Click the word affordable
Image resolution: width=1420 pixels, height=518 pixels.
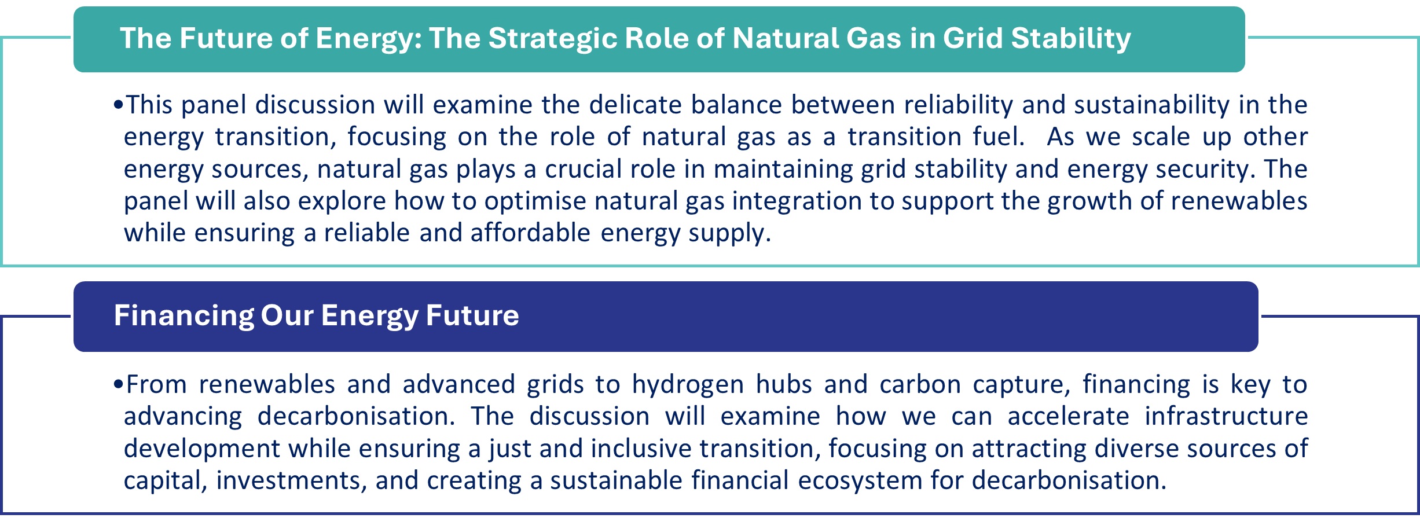pos(530,233)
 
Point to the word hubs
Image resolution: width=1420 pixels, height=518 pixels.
pos(784,384)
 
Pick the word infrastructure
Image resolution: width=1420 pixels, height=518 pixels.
pos(1227,417)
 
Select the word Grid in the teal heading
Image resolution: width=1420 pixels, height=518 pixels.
pos(973,39)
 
